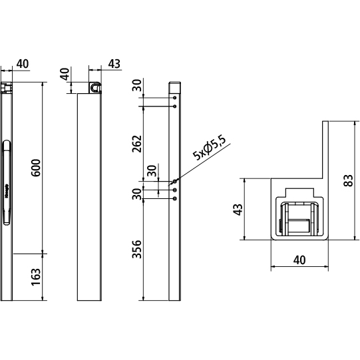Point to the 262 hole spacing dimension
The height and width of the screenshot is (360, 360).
coord(138,144)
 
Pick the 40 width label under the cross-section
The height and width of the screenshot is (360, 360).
coord(299,261)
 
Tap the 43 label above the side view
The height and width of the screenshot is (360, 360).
coord(114,63)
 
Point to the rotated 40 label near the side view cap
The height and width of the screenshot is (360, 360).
coord(65,73)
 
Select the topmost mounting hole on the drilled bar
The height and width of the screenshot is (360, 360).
coord(175,98)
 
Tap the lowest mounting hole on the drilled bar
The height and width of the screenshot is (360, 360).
coord(175,198)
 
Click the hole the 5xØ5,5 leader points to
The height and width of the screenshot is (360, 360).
coord(175,181)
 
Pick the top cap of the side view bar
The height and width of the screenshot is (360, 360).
coord(94,87)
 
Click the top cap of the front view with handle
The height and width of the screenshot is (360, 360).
coord(7,87)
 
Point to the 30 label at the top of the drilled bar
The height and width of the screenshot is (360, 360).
coord(138,86)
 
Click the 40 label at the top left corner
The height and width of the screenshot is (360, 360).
coord(22,63)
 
